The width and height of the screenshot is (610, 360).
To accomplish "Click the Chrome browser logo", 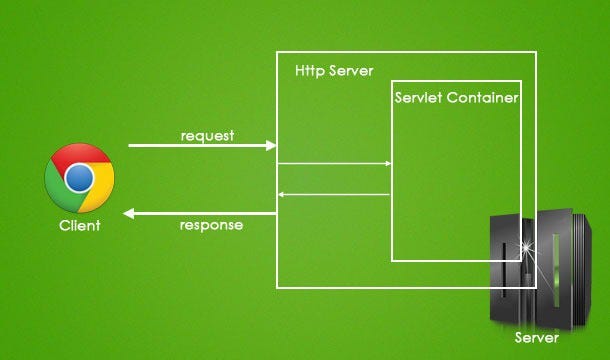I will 79,179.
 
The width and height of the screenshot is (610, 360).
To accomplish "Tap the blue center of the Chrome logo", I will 79,179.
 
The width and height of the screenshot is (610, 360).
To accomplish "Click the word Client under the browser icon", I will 79,226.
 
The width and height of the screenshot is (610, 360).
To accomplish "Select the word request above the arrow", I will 207,135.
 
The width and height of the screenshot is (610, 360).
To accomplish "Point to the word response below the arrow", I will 211,225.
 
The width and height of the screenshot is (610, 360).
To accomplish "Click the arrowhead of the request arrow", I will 271,146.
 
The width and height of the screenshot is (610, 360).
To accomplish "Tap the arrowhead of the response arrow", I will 130,213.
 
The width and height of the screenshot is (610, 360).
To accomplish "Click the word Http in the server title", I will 310,72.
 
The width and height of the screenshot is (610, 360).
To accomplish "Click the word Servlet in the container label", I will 419,99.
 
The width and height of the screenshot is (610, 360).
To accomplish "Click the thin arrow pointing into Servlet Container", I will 386,163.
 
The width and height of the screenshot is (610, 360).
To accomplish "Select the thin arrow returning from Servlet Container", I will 282,194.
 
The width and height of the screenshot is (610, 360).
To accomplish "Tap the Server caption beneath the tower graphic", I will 537,338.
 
